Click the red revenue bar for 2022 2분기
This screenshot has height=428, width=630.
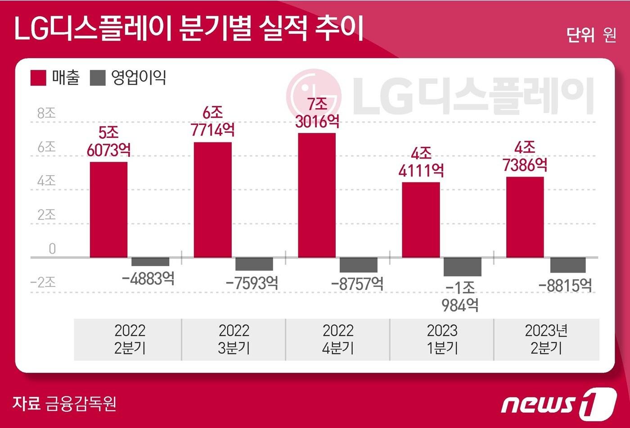tap(108, 209)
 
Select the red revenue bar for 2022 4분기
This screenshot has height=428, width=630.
tap(317, 195)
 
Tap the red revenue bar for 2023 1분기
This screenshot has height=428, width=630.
tap(421, 220)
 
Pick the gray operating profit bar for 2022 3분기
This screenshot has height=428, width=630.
tap(254, 264)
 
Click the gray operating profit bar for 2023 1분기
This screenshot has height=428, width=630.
tap(462, 267)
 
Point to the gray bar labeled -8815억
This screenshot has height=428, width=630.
tap(567, 265)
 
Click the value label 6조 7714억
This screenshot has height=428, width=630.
tap(212, 122)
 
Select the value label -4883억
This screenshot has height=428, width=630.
tap(148, 279)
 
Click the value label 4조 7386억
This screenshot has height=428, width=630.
tap(525, 157)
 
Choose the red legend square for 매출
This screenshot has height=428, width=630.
tap(38, 77)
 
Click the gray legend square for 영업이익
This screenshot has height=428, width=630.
tap(98, 77)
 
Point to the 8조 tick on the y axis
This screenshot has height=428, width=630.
tap(47, 113)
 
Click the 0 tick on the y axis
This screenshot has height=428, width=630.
tap(52, 249)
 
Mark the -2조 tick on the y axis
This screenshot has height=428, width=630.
tap(43, 282)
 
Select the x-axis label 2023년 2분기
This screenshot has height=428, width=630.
tap(546, 339)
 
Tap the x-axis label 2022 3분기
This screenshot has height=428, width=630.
tap(234, 339)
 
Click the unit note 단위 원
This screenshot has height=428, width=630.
tap(591, 35)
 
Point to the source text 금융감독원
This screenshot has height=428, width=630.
tap(81, 403)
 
